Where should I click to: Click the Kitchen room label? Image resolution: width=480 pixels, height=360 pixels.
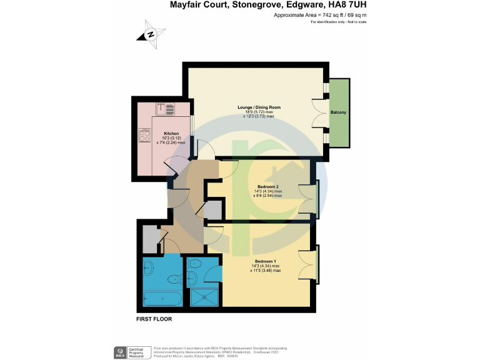171,133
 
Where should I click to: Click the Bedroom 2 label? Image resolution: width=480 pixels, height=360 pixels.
267,186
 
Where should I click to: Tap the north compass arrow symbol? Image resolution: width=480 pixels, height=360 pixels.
151,36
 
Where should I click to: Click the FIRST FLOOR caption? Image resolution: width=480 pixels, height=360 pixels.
154,319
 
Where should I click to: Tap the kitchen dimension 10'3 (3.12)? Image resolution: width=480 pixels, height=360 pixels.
171,138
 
